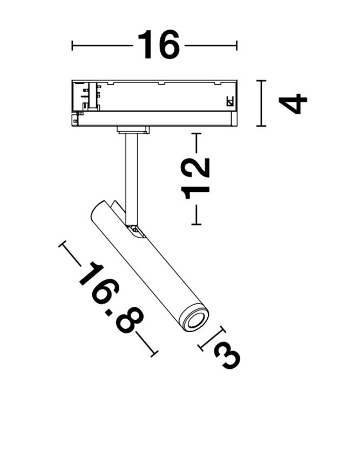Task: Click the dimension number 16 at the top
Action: point(159,45)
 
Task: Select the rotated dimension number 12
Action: point(195,178)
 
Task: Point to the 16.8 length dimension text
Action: point(111,298)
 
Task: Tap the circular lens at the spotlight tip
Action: point(196,321)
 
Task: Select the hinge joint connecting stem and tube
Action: point(135,231)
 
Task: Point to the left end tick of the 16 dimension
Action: point(72,45)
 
